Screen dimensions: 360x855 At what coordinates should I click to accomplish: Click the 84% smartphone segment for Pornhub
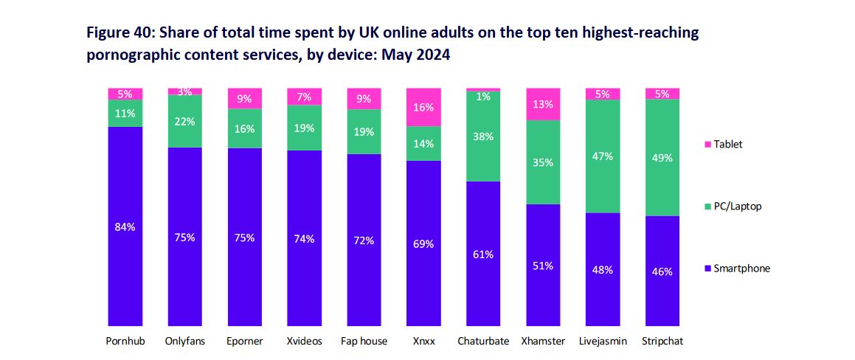click(125, 226)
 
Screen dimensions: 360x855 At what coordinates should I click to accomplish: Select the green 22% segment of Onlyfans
click(184, 121)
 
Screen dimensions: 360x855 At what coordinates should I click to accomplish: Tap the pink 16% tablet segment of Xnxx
click(423, 107)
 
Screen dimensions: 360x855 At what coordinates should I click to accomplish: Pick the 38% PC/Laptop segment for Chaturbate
click(483, 136)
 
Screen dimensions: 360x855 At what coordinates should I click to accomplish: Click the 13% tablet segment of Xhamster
click(543, 104)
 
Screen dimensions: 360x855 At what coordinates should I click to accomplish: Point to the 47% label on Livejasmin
click(603, 156)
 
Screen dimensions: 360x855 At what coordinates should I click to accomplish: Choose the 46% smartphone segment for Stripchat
click(662, 271)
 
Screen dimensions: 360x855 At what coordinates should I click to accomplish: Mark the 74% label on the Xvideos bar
click(304, 238)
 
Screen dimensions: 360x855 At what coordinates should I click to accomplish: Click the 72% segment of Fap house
click(364, 240)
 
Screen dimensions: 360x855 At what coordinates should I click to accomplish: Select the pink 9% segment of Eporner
click(244, 98)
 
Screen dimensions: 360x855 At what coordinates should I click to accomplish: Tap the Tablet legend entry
click(727, 144)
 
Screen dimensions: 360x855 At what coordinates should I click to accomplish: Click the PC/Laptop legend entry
click(737, 207)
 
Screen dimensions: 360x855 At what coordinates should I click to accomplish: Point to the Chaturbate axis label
click(483, 341)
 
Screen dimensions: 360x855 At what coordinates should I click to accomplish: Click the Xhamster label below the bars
click(543, 341)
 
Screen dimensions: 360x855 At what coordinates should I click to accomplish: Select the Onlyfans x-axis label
click(184, 341)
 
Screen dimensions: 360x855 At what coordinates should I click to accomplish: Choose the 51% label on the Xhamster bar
click(543, 266)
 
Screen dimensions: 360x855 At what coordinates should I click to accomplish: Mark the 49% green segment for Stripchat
click(662, 157)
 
